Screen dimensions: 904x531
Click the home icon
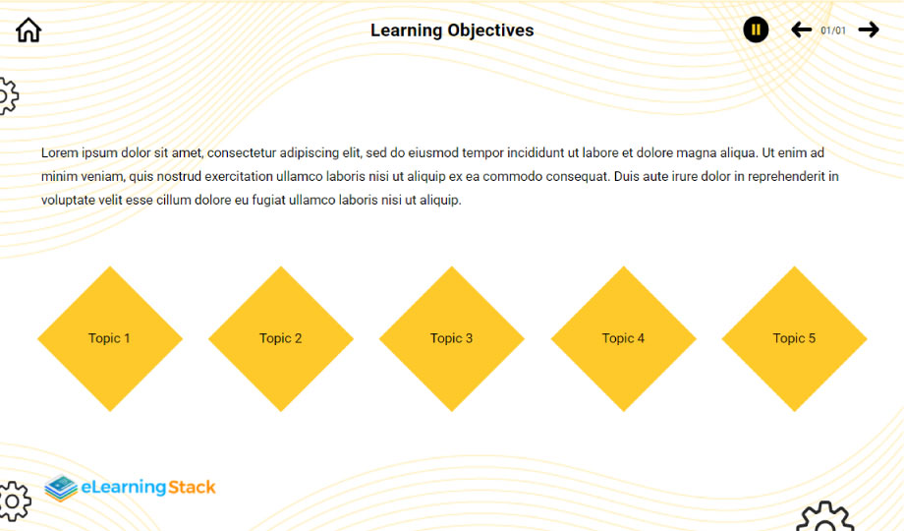(x=28, y=30)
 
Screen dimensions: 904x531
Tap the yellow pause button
(x=756, y=29)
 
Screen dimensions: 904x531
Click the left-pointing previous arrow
(x=802, y=29)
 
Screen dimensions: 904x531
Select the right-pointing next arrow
(x=869, y=29)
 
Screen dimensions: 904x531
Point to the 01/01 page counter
(x=833, y=30)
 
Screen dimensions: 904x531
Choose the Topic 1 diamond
(x=110, y=339)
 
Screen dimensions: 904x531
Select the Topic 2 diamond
(x=281, y=339)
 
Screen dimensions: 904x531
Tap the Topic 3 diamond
(x=452, y=339)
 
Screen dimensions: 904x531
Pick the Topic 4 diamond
(x=623, y=339)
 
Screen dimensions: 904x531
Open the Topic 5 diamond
(x=795, y=339)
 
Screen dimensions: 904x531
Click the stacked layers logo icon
(x=61, y=489)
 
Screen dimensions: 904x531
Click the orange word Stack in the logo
(x=192, y=487)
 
